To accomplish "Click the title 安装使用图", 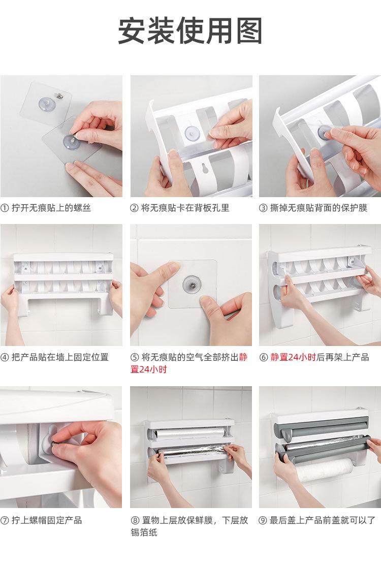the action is tap(190, 30).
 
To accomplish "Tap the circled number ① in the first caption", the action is tap(5, 208).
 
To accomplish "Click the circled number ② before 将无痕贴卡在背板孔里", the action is tap(134, 208).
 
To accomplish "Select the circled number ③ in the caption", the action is tap(263, 208).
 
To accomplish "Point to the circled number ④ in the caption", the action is tap(5, 357).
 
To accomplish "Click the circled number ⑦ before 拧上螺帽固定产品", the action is tap(5, 520).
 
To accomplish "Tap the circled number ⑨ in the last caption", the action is tap(263, 520).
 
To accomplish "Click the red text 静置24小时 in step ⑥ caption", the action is tap(293, 357).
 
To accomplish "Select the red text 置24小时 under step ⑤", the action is tap(148, 369).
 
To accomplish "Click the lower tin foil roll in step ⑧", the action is tap(192, 451).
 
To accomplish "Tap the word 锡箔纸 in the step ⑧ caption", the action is tap(144, 532).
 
